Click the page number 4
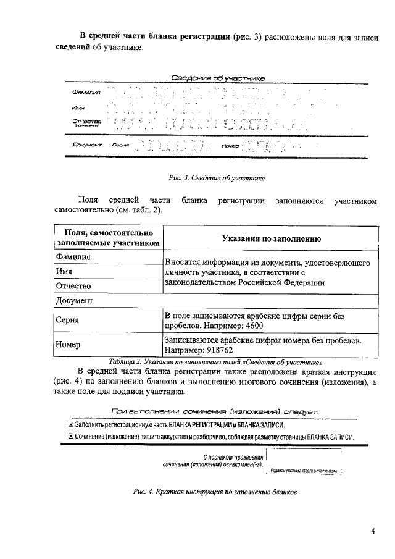[373, 531]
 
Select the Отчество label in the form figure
[86, 122]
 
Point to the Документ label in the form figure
[86, 146]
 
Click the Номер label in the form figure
[229, 146]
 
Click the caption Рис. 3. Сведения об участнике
[216, 178]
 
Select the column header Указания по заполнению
[270, 238]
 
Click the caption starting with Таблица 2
[215, 361]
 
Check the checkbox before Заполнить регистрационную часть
[70, 425]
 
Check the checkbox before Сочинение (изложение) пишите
[70, 437]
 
